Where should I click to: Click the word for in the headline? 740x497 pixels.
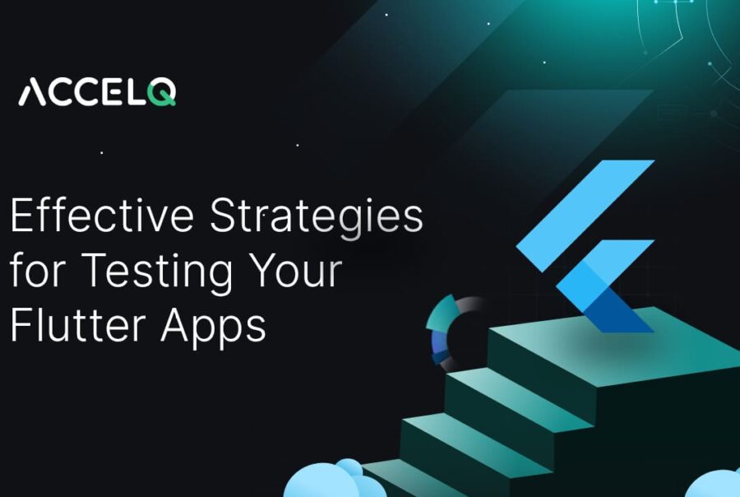tap(32, 272)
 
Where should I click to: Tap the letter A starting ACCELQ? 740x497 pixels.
tap(34, 91)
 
